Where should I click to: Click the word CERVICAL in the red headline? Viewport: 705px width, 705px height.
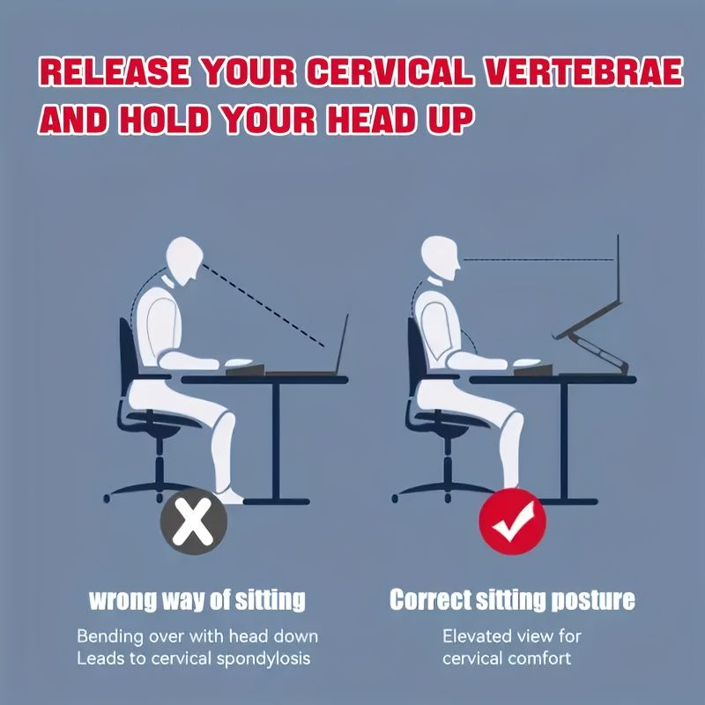(x=390, y=72)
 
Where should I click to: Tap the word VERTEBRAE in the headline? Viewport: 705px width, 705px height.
(x=583, y=72)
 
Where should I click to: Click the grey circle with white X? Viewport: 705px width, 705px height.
(x=194, y=521)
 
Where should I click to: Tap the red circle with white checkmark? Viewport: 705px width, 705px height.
(x=512, y=522)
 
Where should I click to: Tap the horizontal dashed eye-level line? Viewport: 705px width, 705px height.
(x=538, y=259)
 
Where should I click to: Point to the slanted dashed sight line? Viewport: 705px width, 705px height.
(x=263, y=305)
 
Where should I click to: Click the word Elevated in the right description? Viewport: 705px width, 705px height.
(x=477, y=636)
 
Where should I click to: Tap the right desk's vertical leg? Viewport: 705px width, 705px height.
(x=564, y=442)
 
